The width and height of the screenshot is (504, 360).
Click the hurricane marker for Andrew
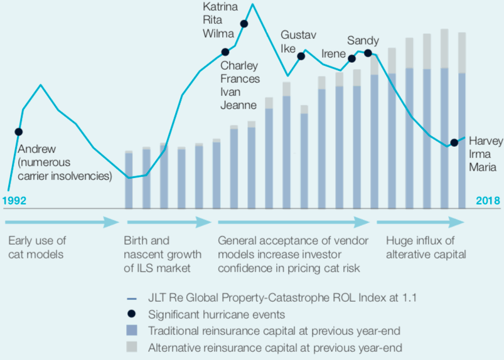pos(18,132)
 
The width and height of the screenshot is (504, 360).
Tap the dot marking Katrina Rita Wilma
pos(244,24)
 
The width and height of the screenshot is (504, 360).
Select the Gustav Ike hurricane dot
pos(301,56)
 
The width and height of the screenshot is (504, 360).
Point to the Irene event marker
pos(351,58)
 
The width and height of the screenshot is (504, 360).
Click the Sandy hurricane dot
pos(368,53)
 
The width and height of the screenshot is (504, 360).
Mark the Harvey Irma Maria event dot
pos(454,143)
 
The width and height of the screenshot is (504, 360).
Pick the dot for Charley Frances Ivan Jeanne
pos(225,52)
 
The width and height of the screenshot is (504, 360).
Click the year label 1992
pos(14,201)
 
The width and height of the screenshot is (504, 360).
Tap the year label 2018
pos(487,201)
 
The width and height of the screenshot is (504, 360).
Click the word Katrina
pos(220,7)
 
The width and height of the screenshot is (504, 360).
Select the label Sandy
pos(363,41)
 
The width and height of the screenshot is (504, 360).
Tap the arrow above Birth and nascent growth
pos(168,222)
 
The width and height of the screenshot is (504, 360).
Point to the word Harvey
pos(486,141)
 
